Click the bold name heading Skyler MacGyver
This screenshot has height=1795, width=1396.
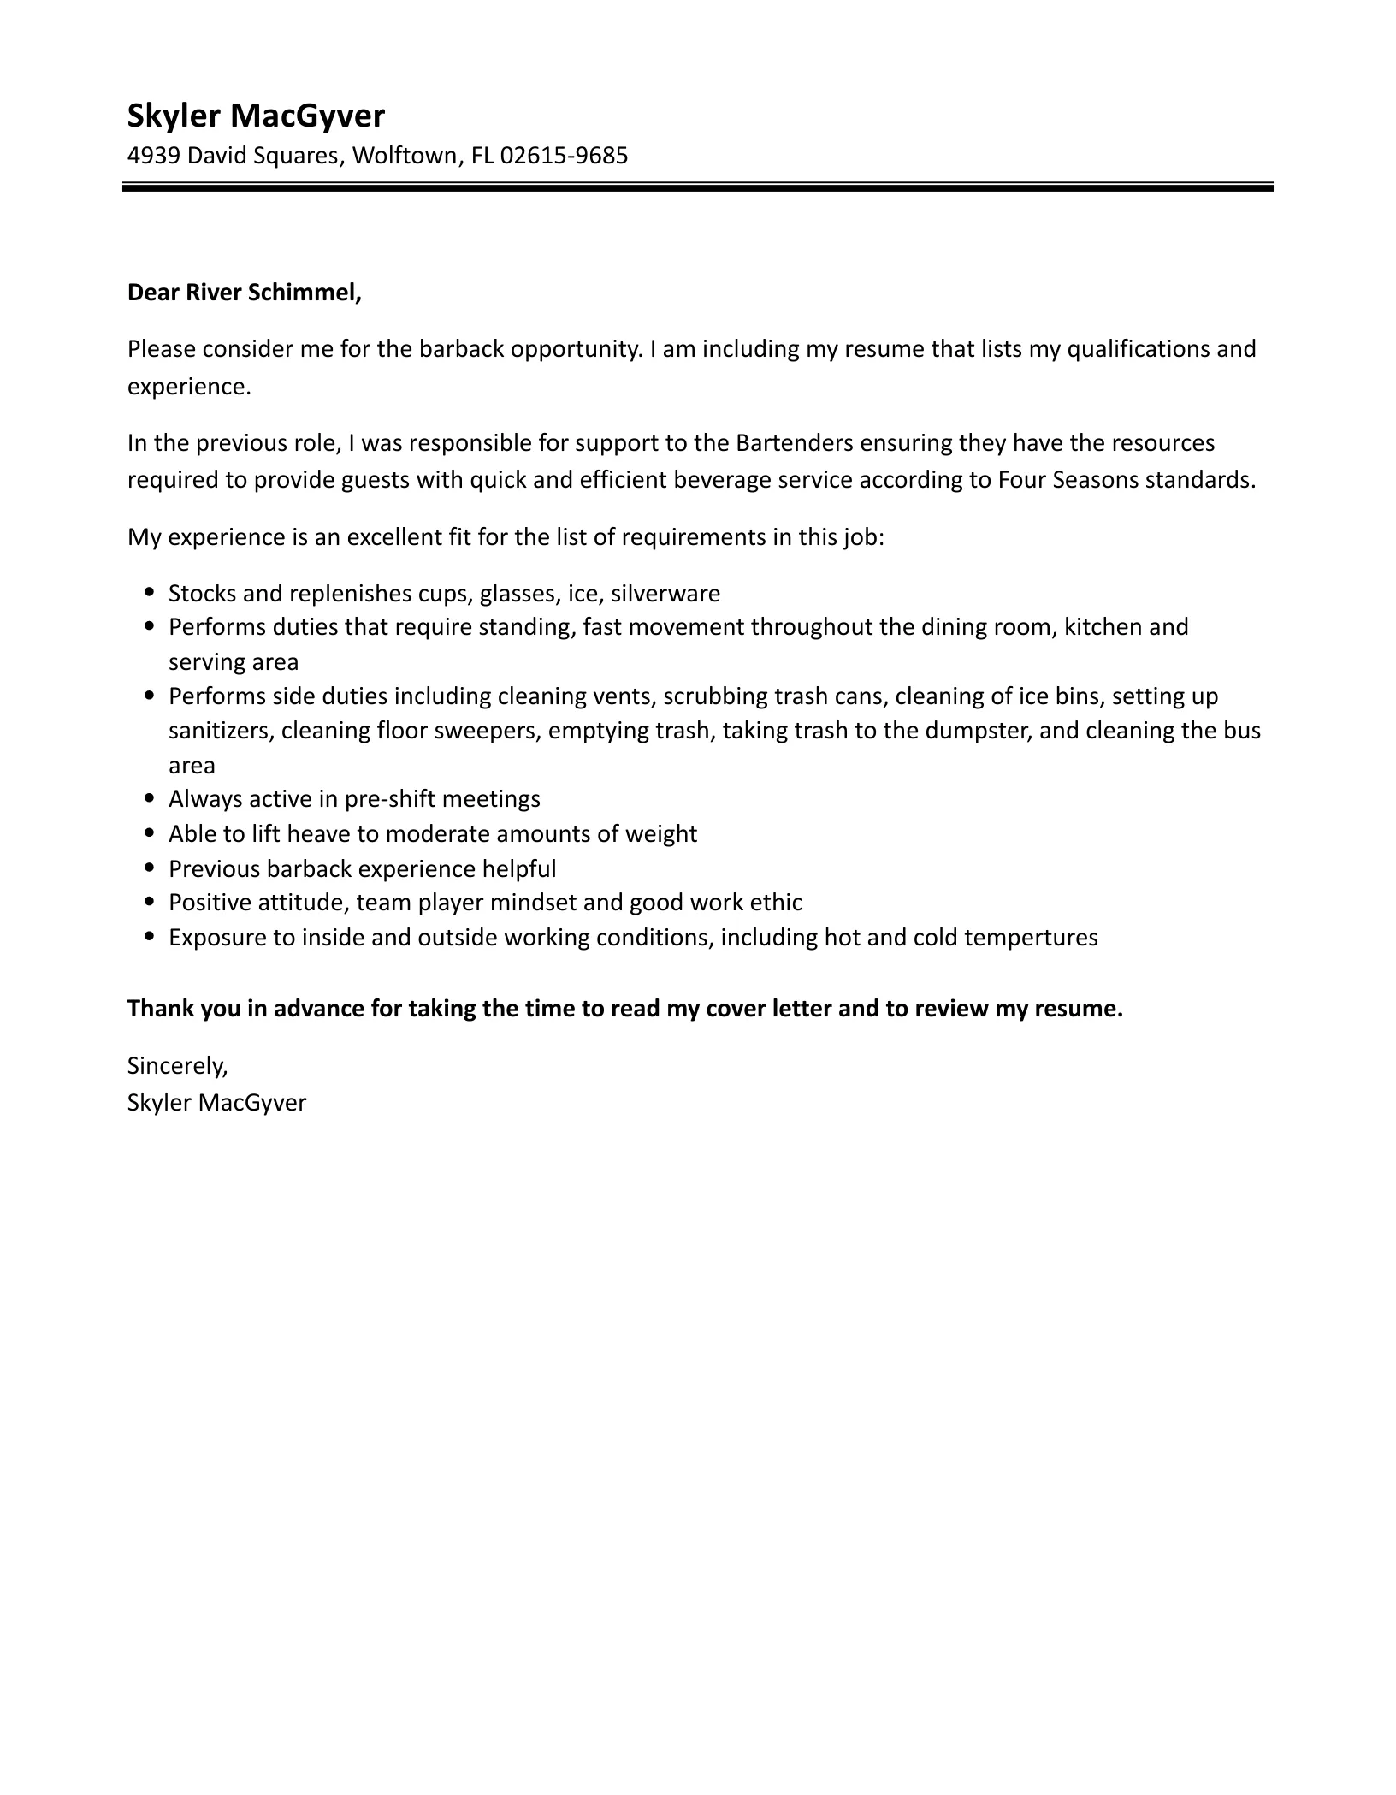point(256,116)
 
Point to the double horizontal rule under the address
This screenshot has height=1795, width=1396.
point(697,187)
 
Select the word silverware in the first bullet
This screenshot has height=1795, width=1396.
point(665,594)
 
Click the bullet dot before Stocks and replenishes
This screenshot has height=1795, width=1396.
point(151,592)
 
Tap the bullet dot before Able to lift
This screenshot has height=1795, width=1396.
point(151,832)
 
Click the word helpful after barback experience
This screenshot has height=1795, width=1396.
point(519,869)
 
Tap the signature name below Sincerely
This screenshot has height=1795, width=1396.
point(216,1102)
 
